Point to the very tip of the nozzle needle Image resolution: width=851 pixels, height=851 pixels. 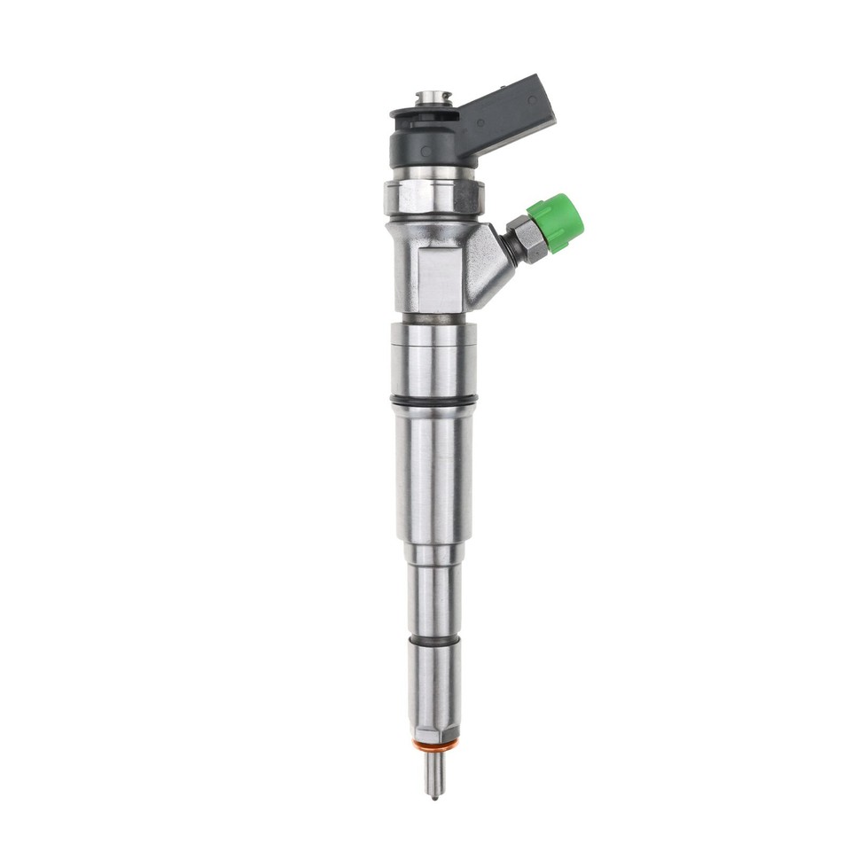[433, 796]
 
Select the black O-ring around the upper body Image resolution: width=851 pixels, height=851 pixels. [433, 401]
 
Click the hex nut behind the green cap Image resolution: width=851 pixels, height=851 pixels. [525, 238]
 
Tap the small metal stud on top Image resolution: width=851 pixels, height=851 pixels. [433, 98]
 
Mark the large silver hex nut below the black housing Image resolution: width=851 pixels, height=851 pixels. [433, 196]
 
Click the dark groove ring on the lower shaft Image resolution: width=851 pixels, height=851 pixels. [433, 640]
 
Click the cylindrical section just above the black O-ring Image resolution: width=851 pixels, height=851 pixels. [433, 359]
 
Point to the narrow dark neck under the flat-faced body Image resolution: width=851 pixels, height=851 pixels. [433, 317]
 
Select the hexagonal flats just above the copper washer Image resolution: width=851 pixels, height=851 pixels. [433, 732]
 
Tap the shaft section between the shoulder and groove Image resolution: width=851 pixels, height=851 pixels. [433, 598]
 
